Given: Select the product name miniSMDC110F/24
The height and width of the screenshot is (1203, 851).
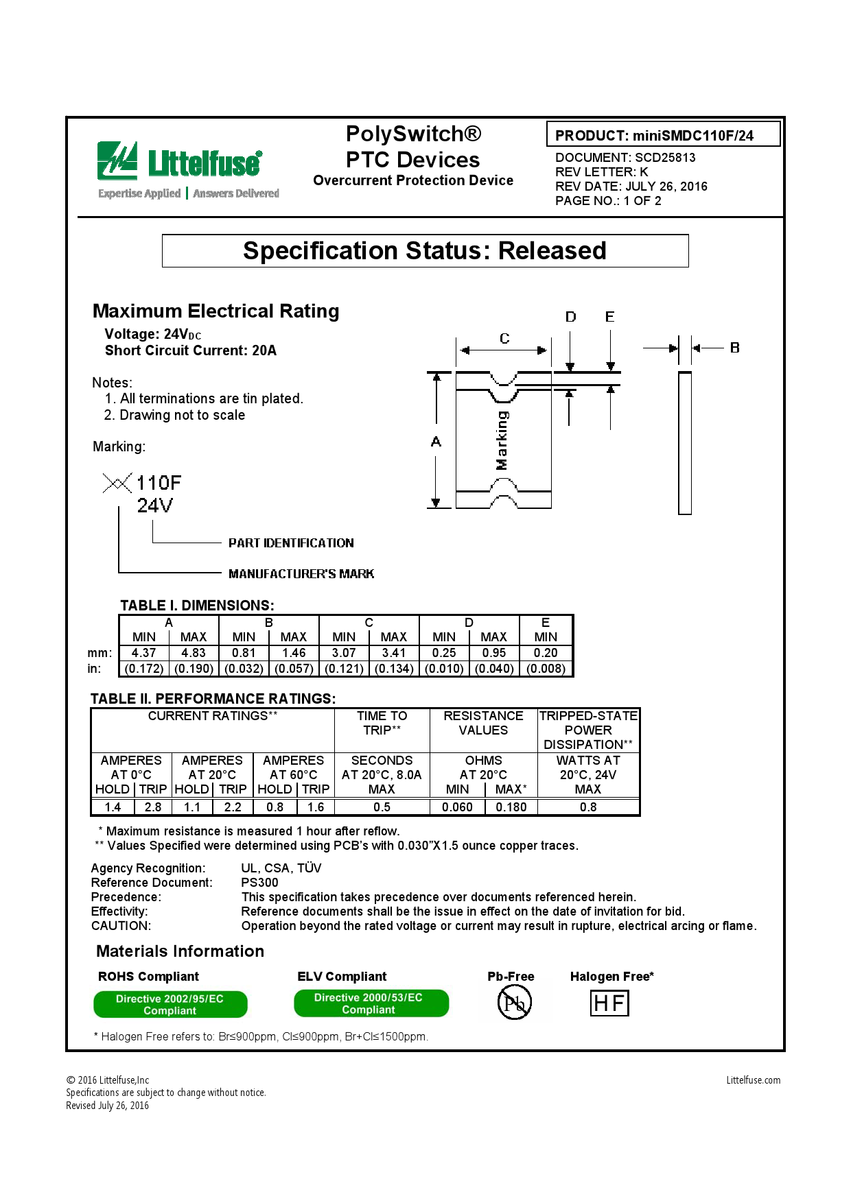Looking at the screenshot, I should (x=692, y=136).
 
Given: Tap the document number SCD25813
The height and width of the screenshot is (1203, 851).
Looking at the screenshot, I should (x=665, y=157).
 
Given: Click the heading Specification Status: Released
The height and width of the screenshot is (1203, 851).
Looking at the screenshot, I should (x=425, y=251).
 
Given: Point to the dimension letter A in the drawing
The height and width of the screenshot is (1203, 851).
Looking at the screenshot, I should (x=436, y=442).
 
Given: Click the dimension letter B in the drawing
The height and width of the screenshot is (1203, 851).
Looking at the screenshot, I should (x=734, y=348).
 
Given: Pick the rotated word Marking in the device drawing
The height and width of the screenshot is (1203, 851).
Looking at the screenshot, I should (x=502, y=440).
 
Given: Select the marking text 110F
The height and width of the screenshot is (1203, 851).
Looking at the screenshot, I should (x=159, y=483).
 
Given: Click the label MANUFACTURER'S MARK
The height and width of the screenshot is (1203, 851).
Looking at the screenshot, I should (x=301, y=573).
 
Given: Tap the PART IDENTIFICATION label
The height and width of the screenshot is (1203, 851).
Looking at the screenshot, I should (x=291, y=543).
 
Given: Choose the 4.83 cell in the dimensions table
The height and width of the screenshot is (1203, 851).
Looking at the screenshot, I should (x=194, y=653).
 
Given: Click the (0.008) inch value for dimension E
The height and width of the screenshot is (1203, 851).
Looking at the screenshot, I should (x=546, y=668).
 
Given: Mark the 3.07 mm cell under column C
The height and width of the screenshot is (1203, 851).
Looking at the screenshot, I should (x=344, y=653).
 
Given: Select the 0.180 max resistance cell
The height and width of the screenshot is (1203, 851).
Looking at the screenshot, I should (x=511, y=807).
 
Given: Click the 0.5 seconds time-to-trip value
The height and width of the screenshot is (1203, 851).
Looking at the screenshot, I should (x=382, y=807).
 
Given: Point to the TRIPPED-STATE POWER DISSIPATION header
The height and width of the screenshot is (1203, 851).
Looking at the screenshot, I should (x=588, y=730).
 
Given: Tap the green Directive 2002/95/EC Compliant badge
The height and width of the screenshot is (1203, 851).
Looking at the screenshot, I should (x=170, y=1005).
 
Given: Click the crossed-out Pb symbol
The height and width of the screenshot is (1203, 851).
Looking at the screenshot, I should (x=514, y=1003).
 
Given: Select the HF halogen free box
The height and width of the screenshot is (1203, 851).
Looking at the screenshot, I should (x=609, y=1003).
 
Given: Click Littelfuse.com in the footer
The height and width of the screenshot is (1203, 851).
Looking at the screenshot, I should (x=753, y=1080).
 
